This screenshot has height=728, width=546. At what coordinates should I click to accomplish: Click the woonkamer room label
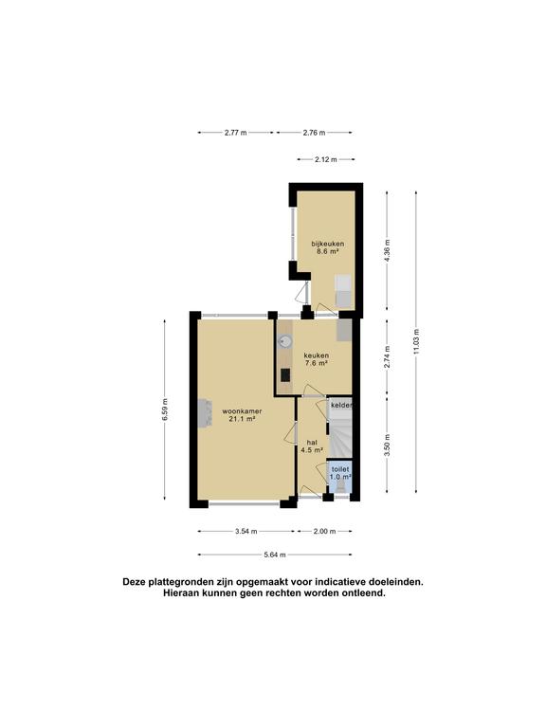tap(242, 415)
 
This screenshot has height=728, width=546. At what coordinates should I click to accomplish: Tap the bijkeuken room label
tap(328, 247)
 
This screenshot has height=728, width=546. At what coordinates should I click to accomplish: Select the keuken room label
tap(317, 360)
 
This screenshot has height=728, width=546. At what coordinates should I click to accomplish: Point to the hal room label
tap(312, 446)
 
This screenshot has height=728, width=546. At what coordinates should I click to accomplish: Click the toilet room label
tap(340, 473)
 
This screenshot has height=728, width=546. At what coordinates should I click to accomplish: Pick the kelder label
tap(341, 406)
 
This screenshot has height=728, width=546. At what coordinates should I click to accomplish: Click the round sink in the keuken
tap(285, 341)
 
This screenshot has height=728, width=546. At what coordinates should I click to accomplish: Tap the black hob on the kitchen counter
tap(285, 374)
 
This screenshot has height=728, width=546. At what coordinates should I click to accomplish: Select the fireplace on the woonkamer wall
tap(205, 413)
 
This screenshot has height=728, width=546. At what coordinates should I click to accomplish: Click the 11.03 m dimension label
tap(416, 341)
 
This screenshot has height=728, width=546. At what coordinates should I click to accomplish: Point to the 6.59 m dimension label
tap(165, 409)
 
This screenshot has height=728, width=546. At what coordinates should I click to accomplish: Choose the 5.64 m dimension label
tap(275, 555)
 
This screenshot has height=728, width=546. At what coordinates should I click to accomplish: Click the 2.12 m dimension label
tap(325, 159)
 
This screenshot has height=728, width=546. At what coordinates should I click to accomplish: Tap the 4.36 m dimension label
tap(387, 250)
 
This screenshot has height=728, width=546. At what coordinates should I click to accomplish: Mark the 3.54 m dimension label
tap(246, 531)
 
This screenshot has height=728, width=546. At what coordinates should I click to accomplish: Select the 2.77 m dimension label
tap(236, 133)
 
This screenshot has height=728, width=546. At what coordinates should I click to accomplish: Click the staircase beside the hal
tap(341, 435)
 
